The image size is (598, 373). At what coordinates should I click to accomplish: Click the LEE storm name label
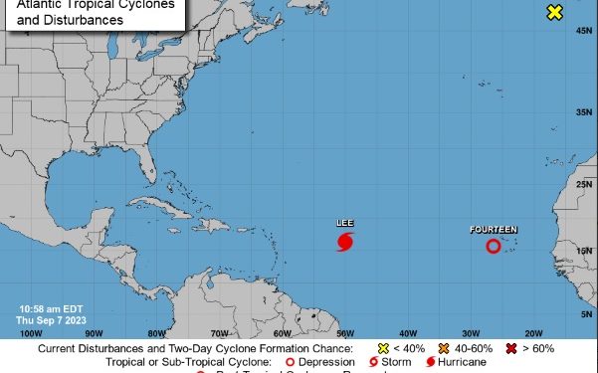(345, 223)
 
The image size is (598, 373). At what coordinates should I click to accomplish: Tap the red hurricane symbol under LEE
(345, 241)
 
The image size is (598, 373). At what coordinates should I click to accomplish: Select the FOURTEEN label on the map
(494, 230)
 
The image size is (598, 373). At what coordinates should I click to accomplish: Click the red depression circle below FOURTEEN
(494, 246)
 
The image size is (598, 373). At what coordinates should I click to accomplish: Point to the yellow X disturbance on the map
(555, 12)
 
